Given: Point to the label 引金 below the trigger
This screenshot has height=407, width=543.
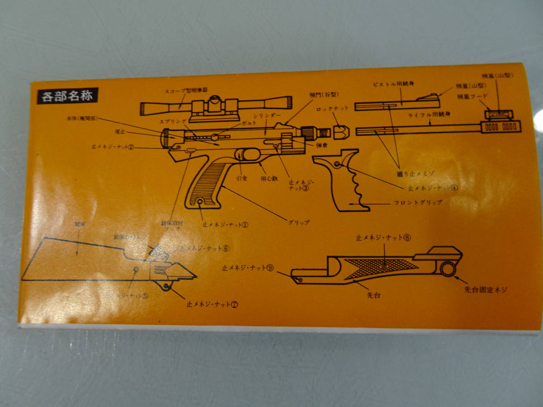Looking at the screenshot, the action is click(x=241, y=178).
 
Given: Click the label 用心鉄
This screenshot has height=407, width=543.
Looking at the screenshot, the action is click(x=268, y=178).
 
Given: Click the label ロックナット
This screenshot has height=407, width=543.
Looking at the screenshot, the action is click(x=330, y=109).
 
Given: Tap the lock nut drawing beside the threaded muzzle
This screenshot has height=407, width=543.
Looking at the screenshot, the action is click(x=341, y=131).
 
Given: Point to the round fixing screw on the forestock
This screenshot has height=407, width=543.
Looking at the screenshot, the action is click(x=448, y=269).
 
